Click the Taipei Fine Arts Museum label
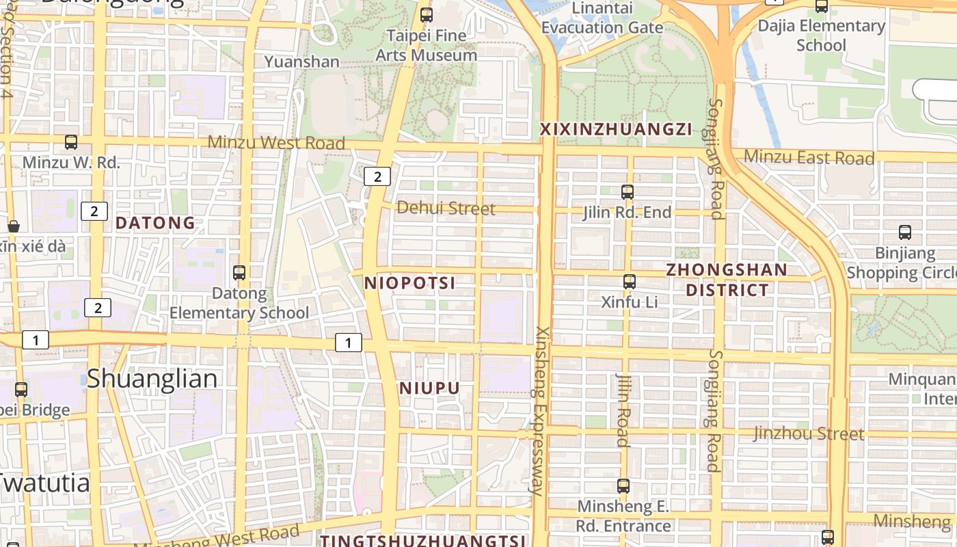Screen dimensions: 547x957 [427, 45]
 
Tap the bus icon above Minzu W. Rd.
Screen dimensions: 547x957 [71, 142]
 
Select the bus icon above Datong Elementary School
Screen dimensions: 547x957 [239, 273]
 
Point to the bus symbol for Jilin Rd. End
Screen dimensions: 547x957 [628, 192]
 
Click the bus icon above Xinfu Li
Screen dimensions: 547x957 [630, 281]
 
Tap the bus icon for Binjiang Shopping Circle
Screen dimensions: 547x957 [905, 232]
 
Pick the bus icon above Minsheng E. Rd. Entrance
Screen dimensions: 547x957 [623, 486]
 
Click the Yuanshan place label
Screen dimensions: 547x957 [301, 62]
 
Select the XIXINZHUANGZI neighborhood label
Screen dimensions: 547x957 [616, 129]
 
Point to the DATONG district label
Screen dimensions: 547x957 [155, 223]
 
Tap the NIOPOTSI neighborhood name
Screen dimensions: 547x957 [410, 283]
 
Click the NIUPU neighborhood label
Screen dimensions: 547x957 [429, 388]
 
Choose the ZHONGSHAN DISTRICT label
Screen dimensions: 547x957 [727, 280]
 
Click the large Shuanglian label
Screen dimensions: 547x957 [152, 379]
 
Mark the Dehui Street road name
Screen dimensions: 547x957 [446, 208]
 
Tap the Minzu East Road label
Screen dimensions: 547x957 [809, 157]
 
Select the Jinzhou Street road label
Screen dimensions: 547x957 [809, 433]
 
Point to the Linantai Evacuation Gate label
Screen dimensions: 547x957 [602, 18]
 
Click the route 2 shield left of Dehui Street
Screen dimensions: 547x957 [377, 177]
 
